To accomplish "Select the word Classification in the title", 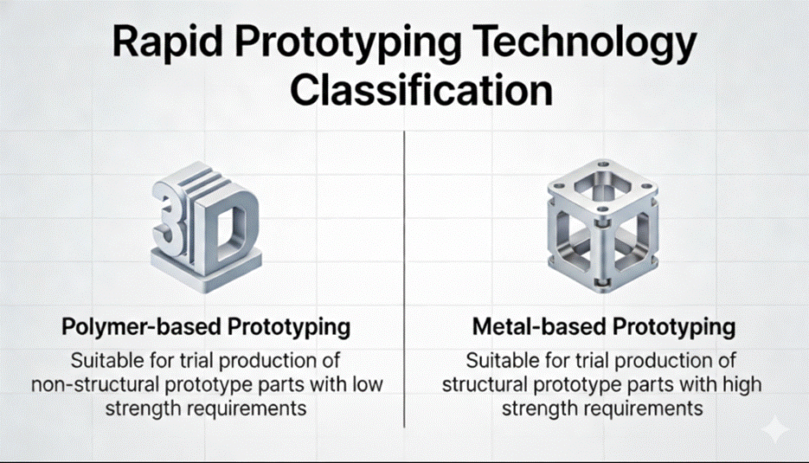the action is (421, 90).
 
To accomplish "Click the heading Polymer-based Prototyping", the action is (206, 327).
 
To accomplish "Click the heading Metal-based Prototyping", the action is (604, 327).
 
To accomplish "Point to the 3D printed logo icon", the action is (207, 227).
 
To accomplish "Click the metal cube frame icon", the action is (602, 226).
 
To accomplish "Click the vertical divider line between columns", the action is (405, 280).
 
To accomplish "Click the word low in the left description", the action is (367, 384).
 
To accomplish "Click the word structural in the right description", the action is (485, 384).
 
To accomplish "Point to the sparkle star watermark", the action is (775, 429).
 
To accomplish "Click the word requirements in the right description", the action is (645, 408).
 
